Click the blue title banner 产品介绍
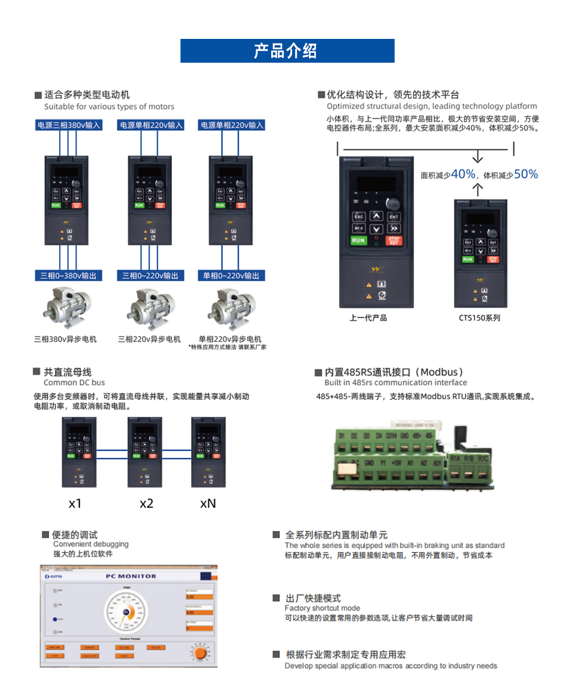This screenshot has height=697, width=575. (287, 51)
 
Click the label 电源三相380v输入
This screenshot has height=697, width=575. (69, 125)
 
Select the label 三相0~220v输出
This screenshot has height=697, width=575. (150, 276)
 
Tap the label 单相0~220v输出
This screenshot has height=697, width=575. (232, 276)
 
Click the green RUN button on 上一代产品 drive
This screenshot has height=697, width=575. (358, 240)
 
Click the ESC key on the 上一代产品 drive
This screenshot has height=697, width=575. (358, 216)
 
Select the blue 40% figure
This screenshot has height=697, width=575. (463, 174)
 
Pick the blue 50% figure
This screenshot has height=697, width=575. (526, 174)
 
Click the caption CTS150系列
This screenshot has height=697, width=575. (479, 318)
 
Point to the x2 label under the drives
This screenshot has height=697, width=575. (146, 503)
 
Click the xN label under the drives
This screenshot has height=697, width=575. (208, 503)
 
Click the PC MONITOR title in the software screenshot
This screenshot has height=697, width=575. (131, 576)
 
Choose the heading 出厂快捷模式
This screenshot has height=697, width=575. (313, 598)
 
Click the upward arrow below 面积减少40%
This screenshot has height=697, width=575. (477, 189)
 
